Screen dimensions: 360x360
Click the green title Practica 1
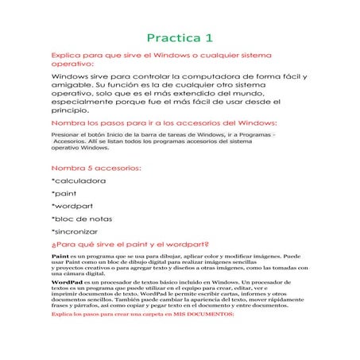(180, 37)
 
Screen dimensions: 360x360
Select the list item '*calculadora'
(78, 181)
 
